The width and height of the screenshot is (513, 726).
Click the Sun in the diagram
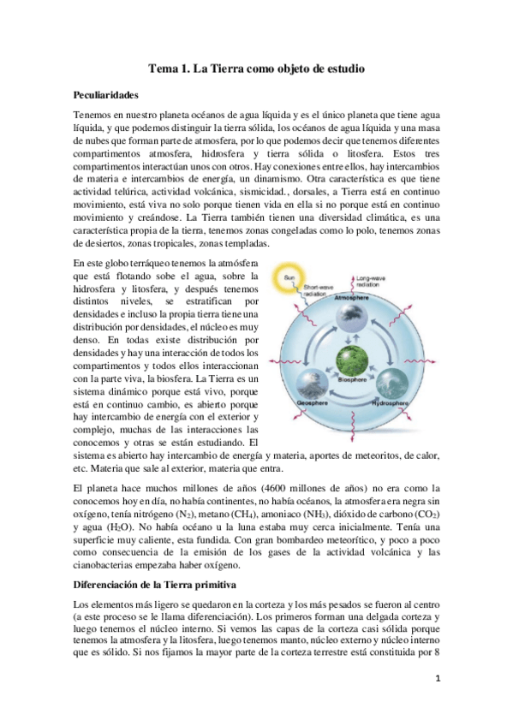pos(289,278)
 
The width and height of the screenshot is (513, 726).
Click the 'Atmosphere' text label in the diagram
pos(351,295)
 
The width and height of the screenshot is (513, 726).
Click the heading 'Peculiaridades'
pos(107,95)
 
